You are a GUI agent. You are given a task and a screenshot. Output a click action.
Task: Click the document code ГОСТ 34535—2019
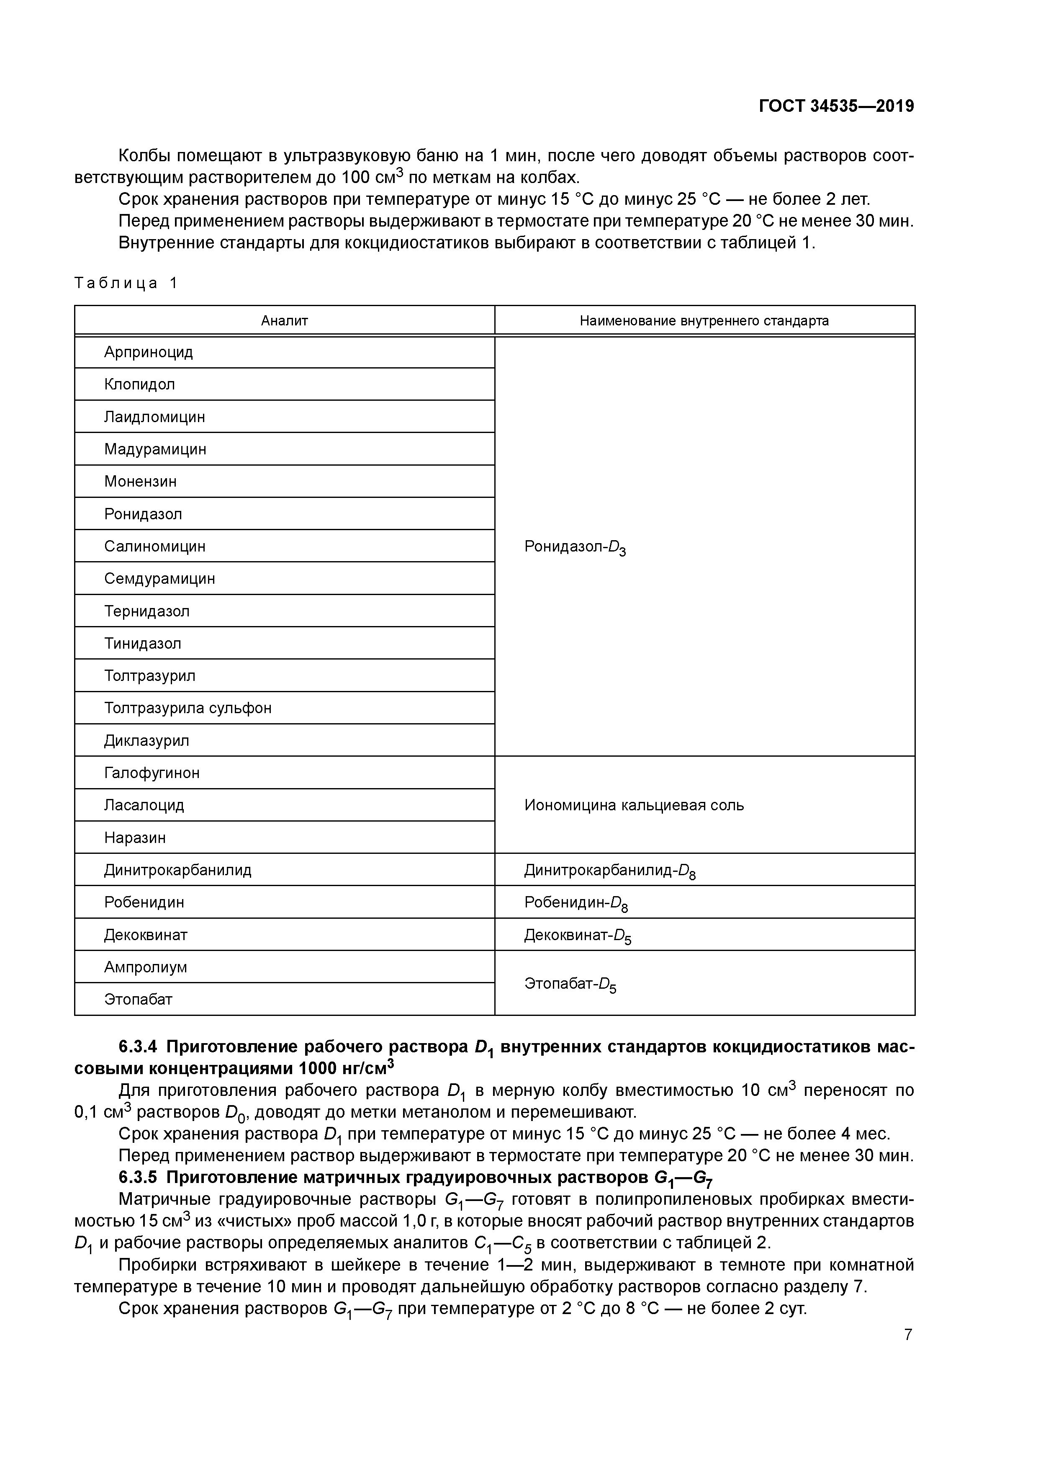click(x=836, y=106)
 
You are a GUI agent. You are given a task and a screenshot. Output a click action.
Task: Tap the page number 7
click(x=907, y=1335)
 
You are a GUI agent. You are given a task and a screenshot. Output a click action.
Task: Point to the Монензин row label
click(x=140, y=482)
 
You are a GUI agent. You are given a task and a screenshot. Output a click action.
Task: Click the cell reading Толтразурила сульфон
click(x=188, y=708)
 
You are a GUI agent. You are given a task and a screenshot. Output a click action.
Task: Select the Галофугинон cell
click(x=152, y=773)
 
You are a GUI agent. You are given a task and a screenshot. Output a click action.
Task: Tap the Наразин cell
click(x=134, y=838)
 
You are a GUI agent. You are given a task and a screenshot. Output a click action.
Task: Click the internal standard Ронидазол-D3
click(x=574, y=547)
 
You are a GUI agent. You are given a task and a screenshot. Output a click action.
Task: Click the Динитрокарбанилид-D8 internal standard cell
click(x=609, y=871)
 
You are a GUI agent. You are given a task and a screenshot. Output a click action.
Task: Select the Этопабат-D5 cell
click(x=570, y=984)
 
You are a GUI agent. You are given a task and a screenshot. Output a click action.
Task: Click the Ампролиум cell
click(x=145, y=967)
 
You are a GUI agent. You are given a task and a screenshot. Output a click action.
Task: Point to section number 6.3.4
click(x=138, y=1047)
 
